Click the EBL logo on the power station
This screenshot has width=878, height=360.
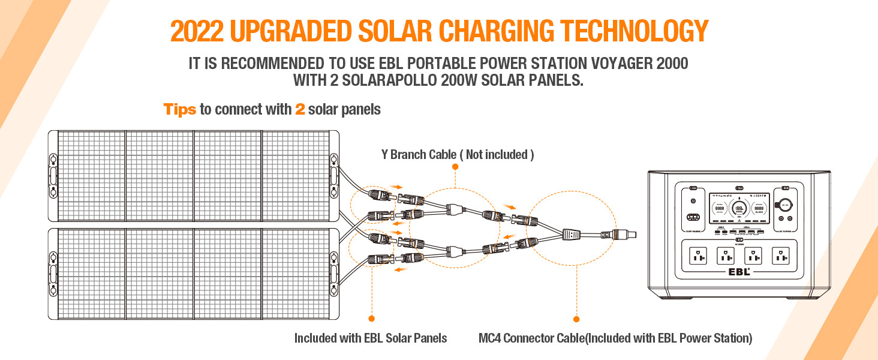[x=737, y=270]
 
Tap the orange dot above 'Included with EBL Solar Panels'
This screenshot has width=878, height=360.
[x=371, y=318]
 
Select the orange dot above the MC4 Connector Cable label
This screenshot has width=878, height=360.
[x=576, y=319]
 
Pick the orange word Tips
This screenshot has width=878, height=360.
[x=180, y=110]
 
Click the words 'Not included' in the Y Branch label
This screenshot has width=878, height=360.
[x=496, y=154]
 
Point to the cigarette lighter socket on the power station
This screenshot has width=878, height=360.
[x=786, y=204]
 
